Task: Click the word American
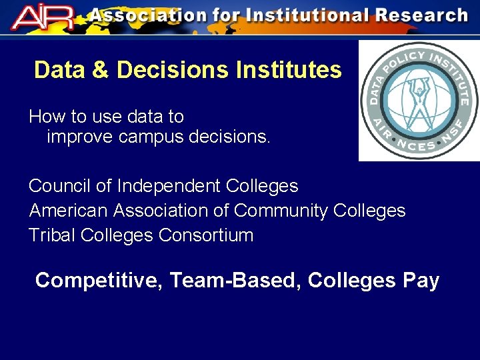68,211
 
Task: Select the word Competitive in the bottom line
99,281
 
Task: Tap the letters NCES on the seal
419,143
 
